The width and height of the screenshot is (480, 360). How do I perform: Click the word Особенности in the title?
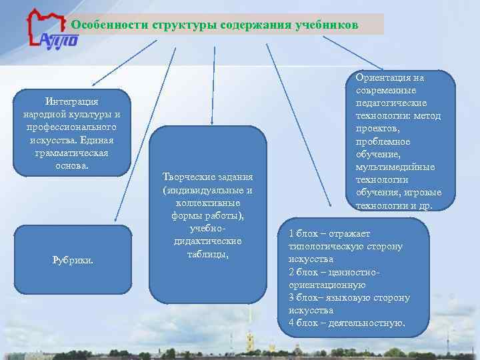pyautogui.click(x=109, y=25)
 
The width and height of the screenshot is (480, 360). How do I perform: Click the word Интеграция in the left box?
pyautogui.click(x=72, y=101)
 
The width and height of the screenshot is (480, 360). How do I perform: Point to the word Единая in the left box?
pyautogui.click(x=97, y=139)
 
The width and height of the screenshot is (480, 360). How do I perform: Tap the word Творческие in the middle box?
pyautogui.click(x=186, y=177)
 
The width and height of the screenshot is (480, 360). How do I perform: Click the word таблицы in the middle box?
pyautogui.click(x=207, y=253)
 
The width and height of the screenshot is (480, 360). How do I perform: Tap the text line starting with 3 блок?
pyautogui.click(x=349, y=297)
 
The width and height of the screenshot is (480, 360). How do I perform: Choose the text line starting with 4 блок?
pyautogui.click(x=346, y=323)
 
